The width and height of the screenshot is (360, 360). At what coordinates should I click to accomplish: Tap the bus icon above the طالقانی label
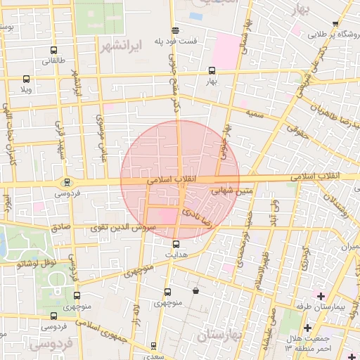pos(54,51)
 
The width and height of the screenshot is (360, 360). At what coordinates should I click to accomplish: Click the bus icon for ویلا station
pos(27,79)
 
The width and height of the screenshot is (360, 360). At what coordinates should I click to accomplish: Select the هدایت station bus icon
pos(176,244)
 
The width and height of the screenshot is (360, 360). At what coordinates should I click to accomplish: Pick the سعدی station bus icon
pos(153,346)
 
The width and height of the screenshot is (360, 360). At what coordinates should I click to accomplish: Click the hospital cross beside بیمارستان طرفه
pos(321,295)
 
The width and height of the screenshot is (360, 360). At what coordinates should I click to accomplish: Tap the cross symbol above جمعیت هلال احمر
pos(307,328)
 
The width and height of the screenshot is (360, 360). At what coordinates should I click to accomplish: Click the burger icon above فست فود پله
pos(174,30)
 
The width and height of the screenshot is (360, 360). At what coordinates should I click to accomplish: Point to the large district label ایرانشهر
pos(121,46)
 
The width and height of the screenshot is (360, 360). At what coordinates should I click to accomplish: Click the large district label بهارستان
pos(219,335)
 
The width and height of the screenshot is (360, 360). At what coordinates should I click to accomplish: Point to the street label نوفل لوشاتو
pos(36,264)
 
